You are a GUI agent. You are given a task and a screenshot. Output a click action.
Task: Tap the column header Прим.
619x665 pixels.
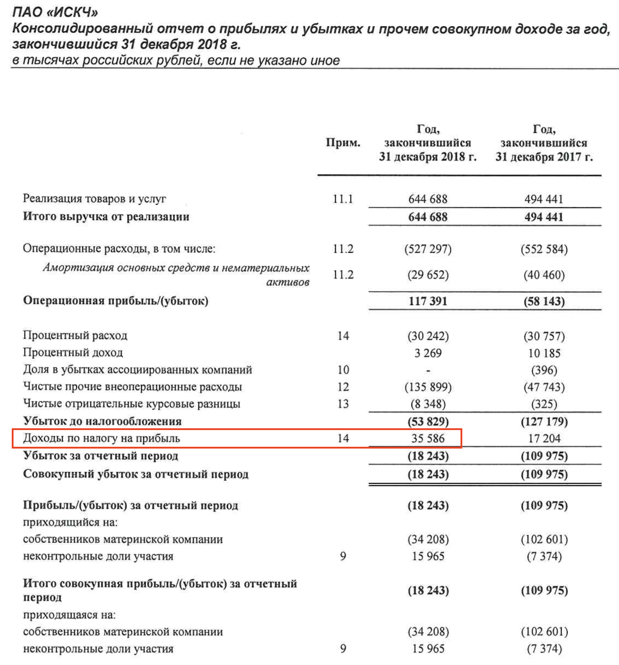(343, 143)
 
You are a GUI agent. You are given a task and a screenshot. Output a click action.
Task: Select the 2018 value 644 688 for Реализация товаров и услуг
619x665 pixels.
(427, 199)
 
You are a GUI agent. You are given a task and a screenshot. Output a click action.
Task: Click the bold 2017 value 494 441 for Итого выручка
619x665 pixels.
(543, 217)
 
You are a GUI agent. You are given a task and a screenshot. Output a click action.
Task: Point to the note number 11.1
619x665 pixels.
(343, 199)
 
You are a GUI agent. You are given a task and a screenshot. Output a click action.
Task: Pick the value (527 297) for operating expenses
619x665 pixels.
(427, 248)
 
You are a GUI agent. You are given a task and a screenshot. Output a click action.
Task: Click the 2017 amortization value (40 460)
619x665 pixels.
(544, 275)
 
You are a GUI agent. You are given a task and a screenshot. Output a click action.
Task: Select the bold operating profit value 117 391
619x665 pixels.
(427, 301)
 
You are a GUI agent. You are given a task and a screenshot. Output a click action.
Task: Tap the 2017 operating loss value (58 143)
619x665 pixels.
(544, 301)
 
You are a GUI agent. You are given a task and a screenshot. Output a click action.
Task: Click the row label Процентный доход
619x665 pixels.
(73, 352)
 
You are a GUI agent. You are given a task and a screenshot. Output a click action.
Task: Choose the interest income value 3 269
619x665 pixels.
(428, 353)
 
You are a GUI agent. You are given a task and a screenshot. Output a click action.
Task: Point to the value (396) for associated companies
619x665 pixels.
(544, 370)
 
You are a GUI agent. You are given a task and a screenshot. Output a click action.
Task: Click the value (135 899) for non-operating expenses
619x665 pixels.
(428, 387)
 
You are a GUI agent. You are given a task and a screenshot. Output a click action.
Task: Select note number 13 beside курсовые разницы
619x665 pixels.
(343, 404)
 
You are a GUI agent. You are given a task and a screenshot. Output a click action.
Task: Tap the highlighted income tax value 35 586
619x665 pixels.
(428, 438)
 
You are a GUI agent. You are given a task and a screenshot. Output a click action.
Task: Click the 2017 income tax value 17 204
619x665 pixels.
(544, 438)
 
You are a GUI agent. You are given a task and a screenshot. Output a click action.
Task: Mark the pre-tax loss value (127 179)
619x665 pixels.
(544, 421)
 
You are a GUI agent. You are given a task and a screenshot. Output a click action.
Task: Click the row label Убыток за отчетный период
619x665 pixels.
(100, 456)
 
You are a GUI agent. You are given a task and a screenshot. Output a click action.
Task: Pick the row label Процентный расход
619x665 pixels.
(75, 335)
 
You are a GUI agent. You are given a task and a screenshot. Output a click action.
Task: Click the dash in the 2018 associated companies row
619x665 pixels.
(428, 371)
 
